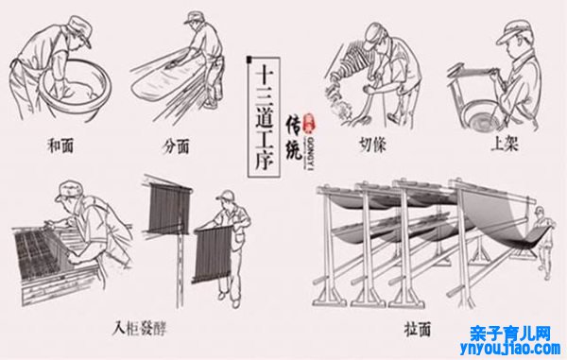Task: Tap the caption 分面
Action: (x=177, y=148)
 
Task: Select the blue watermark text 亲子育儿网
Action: (x=510, y=333)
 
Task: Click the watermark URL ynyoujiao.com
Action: (x=510, y=349)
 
